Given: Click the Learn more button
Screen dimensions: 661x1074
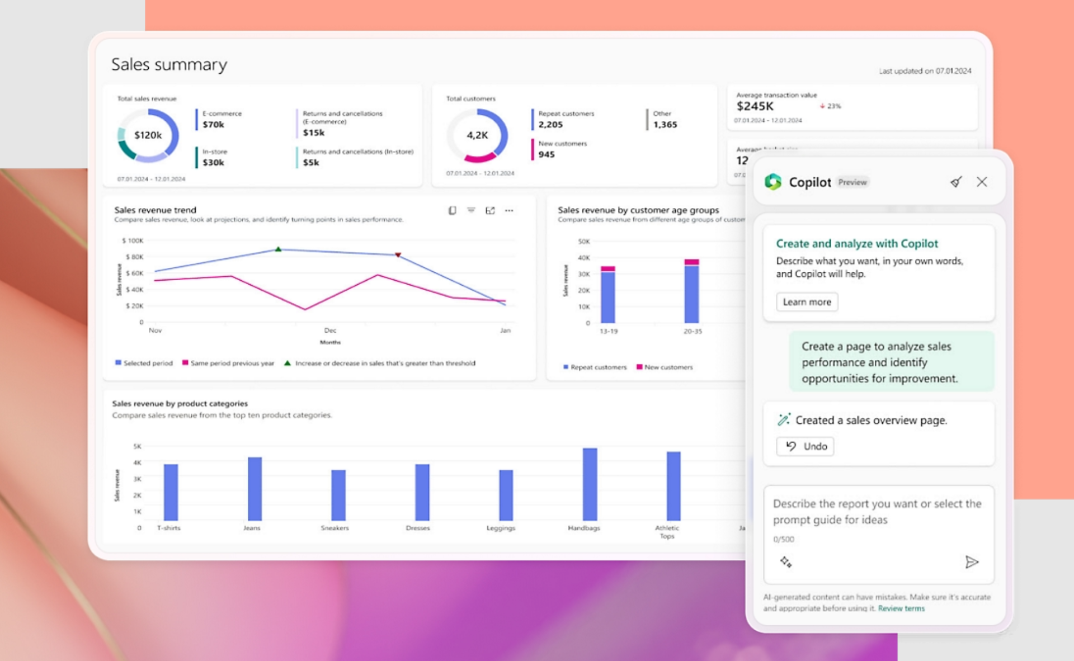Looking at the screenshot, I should (x=807, y=302).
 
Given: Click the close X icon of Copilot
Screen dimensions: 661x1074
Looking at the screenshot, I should (x=982, y=182).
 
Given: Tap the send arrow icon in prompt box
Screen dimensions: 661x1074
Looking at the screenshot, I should (x=972, y=562).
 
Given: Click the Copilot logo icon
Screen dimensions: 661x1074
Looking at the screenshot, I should (x=773, y=182).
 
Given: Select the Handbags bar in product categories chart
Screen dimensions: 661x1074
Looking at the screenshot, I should (x=590, y=484).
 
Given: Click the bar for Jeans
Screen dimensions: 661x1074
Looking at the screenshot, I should (x=255, y=489).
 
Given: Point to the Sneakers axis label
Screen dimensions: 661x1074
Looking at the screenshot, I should (x=335, y=528).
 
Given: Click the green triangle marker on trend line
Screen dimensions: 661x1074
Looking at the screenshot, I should (x=278, y=249).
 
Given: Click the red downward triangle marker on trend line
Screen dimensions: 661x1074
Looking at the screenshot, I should (x=398, y=255).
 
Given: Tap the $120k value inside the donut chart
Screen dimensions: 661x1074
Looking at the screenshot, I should (x=148, y=135).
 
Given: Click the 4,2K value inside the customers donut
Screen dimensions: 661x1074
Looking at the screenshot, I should (x=477, y=135).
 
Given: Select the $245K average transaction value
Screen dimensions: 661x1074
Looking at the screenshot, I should (x=755, y=106).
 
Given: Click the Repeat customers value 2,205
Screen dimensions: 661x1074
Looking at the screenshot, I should (x=550, y=125).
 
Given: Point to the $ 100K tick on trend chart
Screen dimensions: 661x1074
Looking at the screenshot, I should (x=133, y=240).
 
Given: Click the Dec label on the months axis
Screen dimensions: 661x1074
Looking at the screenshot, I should (x=330, y=330).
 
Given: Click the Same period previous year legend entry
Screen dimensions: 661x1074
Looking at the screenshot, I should (x=232, y=363).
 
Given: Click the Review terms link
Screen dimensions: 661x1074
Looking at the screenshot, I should (x=901, y=608).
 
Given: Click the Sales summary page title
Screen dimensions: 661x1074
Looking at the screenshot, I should (x=169, y=64).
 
